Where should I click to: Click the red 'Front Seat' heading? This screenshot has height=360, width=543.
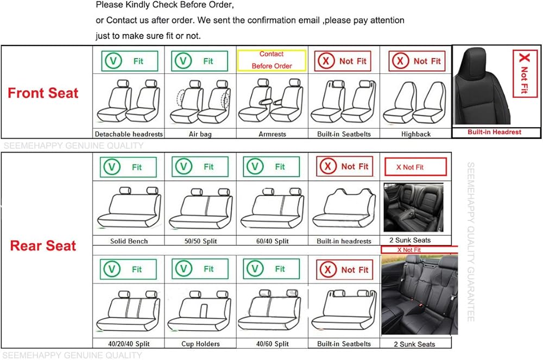[43, 93]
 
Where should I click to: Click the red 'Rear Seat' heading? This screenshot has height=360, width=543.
[43, 245]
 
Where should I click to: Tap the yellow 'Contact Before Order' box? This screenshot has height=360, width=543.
[271, 60]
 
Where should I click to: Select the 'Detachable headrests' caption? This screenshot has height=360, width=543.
[129, 134]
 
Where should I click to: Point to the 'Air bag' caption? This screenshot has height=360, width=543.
[200, 134]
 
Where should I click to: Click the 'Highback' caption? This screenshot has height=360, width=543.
[416, 134]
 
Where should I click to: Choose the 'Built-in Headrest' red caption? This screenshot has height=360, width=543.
[495, 132]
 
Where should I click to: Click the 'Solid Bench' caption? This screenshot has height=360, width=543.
[129, 241]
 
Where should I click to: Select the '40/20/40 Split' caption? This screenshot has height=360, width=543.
[129, 344]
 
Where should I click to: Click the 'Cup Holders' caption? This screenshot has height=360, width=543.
[200, 344]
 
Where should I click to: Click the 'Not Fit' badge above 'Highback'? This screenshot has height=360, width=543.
[416, 61]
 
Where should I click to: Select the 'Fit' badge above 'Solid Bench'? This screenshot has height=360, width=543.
[129, 167]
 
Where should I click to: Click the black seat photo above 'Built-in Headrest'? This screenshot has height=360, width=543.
[481, 87]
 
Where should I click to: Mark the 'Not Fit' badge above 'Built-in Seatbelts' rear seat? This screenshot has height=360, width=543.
[344, 269]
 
